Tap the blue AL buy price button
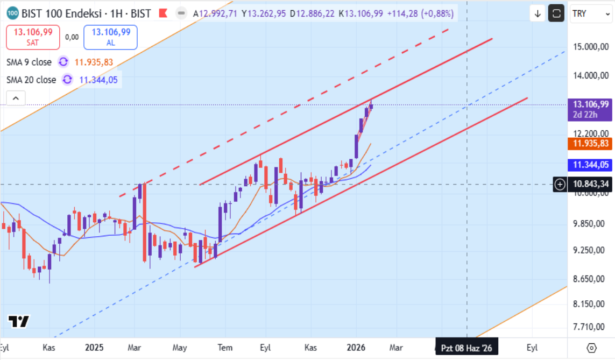[110, 37]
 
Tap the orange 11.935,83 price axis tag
[590, 143]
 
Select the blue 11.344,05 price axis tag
[590, 165]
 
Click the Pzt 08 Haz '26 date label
[466, 348]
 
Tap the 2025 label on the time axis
[94, 348]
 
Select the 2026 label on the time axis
[356, 348]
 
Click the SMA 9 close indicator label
[29, 62]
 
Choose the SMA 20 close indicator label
[31, 80]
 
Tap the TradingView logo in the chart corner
[18, 321]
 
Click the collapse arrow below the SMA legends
[16, 98]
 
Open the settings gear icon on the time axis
[592, 348]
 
